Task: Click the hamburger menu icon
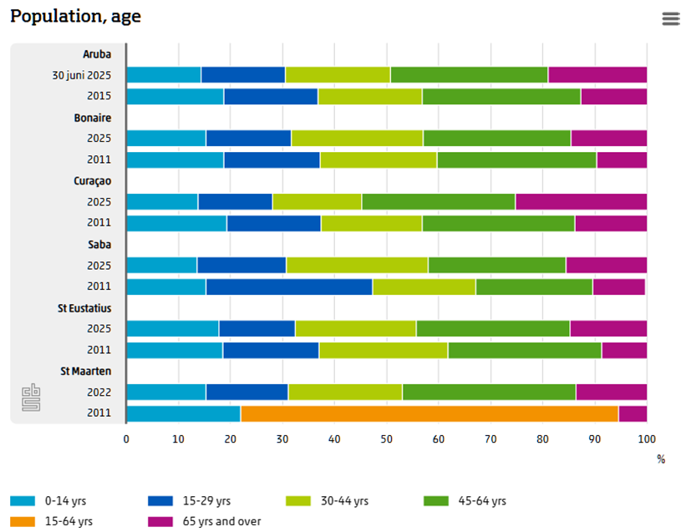[670, 18]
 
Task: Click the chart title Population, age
[75, 17]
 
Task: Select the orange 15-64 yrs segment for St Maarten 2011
[429, 413]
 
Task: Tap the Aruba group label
[97, 54]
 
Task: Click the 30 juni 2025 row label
[83, 75]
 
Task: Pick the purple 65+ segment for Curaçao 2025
[581, 201]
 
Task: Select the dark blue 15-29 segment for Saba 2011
[289, 286]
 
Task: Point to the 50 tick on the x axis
[386, 439]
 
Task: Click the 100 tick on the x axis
[646, 439]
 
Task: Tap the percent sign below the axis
[660, 459]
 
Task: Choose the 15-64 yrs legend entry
[51, 521]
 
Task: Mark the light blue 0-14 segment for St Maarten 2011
[183, 413]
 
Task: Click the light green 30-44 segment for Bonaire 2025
[357, 138]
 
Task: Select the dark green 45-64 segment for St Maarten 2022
[489, 392]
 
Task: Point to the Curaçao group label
[92, 180]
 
